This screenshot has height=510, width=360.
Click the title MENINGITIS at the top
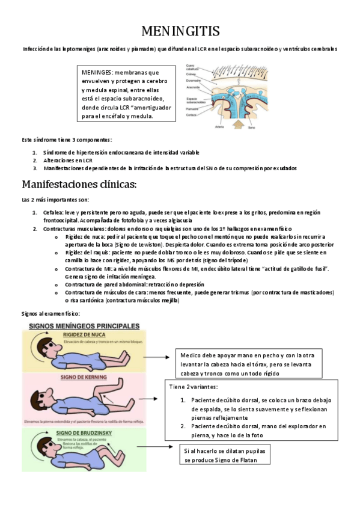coord(180,31)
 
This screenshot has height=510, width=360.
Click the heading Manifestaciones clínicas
coord(80,183)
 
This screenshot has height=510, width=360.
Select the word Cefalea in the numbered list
coord(53,213)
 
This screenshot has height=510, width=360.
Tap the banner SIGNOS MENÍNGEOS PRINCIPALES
coord(82,325)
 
